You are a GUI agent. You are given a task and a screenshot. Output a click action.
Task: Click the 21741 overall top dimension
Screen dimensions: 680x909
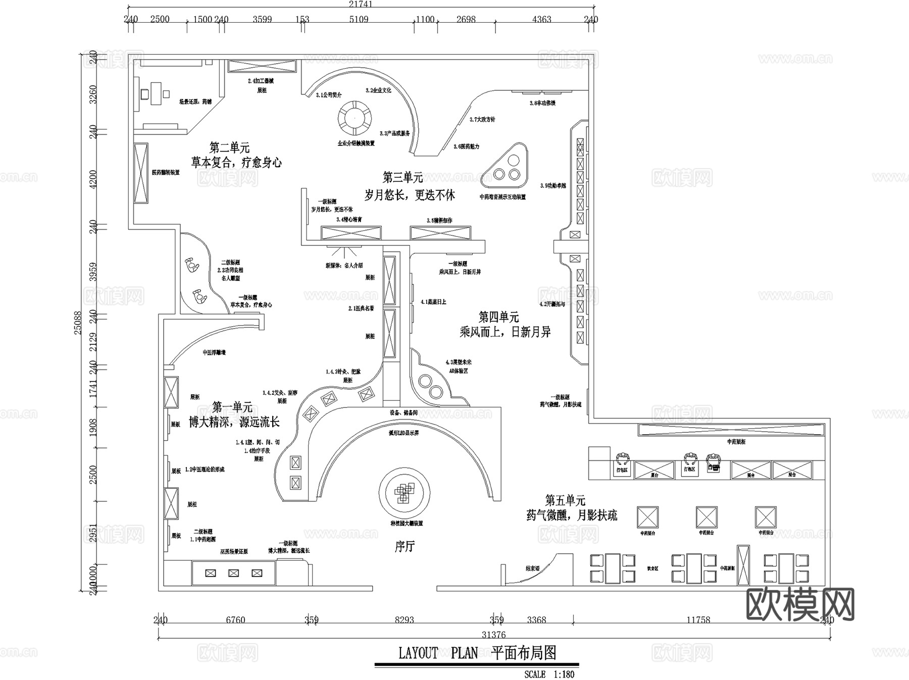360,4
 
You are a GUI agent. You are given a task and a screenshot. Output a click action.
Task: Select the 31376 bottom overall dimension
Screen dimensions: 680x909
493,635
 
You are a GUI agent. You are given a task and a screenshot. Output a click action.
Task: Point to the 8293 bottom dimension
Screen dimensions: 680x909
404,620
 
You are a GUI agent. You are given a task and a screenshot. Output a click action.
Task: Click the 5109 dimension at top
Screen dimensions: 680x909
359,20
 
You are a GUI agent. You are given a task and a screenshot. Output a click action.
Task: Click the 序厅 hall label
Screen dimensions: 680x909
405,546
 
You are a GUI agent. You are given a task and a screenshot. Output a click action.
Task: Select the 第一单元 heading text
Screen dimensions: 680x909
232,407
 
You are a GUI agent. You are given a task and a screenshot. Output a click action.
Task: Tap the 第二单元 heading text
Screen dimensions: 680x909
230,148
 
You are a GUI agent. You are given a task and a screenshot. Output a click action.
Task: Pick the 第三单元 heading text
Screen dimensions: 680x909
402,177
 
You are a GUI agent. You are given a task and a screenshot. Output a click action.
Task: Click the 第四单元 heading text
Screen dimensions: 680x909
498,317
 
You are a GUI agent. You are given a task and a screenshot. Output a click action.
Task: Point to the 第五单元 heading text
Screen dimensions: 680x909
565,500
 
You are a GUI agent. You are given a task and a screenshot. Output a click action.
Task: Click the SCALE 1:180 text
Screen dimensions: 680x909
549,674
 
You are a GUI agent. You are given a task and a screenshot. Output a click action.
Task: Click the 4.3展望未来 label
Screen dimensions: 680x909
458,362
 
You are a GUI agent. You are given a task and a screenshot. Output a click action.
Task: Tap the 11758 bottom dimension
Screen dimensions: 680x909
698,620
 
